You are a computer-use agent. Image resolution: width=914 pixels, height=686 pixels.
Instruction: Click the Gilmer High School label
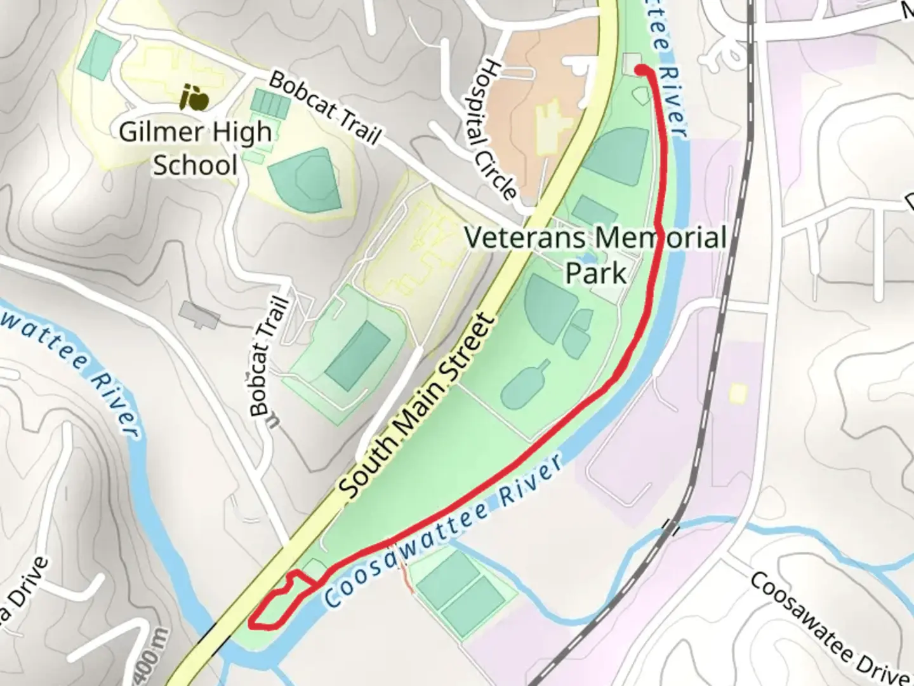pyautogui.click(x=195, y=149)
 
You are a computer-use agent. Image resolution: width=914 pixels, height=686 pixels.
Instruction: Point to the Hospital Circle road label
pyautogui.click(x=499, y=130)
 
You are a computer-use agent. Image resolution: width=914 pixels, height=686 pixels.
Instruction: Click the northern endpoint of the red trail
pyautogui.click(x=640, y=69)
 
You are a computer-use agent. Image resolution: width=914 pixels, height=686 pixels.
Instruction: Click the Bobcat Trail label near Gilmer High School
pyautogui.click(x=326, y=108)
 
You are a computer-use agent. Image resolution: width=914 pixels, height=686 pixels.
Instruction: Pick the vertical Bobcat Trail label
pyautogui.click(x=269, y=356)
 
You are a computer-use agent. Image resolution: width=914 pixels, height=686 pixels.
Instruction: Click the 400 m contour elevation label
pyautogui.click(x=161, y=654)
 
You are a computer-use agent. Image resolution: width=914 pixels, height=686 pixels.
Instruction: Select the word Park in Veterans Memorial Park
pyautogui.click(x=595, y=273)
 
